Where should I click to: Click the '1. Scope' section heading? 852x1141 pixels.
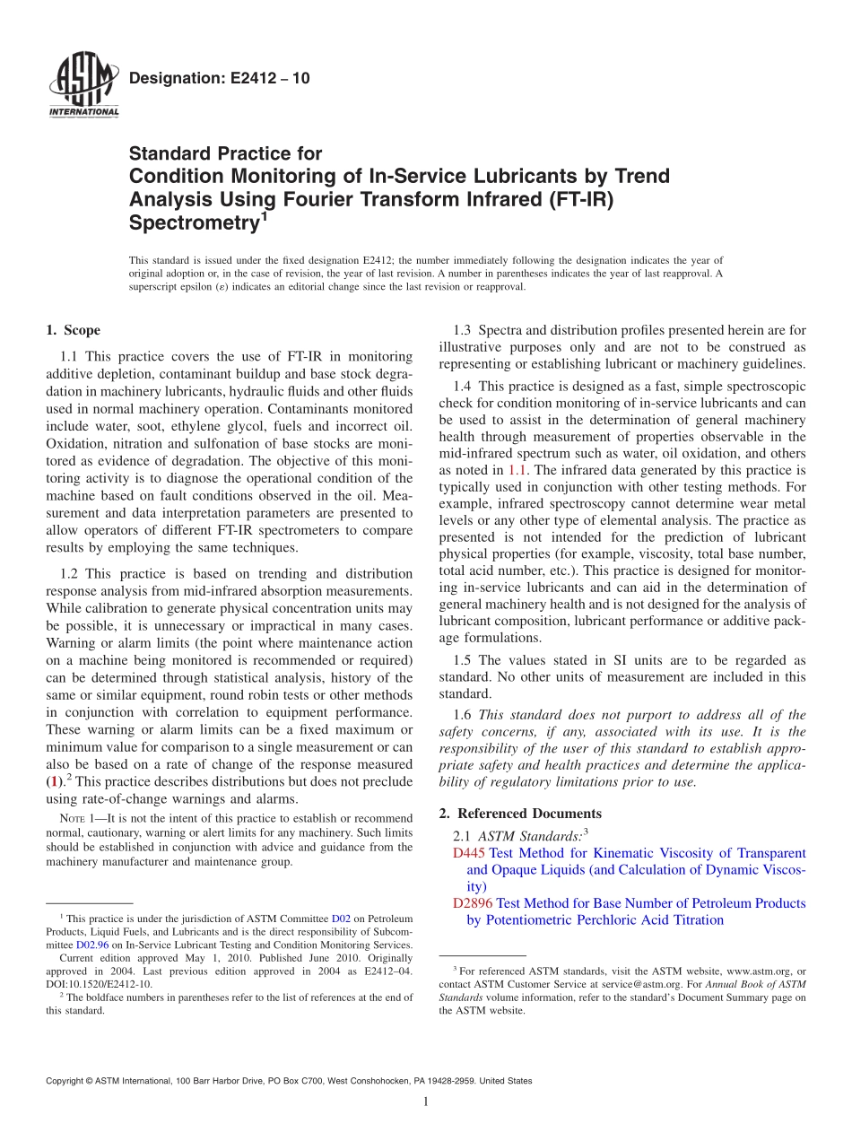[73, 331]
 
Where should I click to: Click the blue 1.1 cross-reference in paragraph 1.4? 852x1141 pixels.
[517, 470]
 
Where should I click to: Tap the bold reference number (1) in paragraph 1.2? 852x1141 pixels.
[54, 781]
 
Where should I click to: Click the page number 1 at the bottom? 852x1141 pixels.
[426, 1102]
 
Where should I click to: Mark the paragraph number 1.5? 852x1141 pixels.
[462, 660]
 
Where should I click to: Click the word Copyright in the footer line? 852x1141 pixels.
[67, 1081]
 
